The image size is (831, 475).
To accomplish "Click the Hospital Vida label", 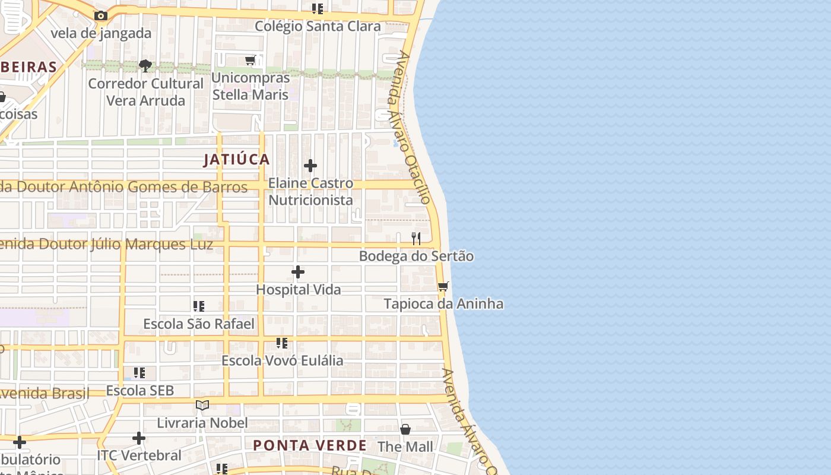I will point(298,290).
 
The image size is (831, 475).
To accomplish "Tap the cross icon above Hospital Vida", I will point(298,273).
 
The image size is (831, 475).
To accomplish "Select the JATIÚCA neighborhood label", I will point(237,159).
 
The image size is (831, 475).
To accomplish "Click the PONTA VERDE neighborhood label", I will point(310,445).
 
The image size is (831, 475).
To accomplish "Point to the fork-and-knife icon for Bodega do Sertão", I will point(416,239).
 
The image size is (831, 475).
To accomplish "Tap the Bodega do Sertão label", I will point(416,256).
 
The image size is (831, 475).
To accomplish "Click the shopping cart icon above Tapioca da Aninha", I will point(443,287).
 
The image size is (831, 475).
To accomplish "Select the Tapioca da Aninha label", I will point(443,304).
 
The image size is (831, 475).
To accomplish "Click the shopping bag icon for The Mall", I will point(405,429).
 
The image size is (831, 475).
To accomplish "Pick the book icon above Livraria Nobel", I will point(202,405).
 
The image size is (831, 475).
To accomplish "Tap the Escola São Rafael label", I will point(199,324).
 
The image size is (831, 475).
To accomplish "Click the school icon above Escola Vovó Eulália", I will point(282,343).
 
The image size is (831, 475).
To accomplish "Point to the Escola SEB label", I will point(140,390).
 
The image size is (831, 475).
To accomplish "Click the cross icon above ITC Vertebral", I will point(139,438).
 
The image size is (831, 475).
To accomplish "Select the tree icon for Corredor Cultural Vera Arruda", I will point(145,65).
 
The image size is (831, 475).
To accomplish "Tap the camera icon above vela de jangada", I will point(101,16).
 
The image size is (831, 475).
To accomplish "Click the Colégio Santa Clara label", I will point(318,26).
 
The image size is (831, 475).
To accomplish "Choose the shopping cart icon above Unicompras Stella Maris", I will point(250,61).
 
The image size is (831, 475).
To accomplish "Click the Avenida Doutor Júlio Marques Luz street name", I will point(107,244).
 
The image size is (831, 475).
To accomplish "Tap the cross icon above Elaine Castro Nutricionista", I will point(310,166).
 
